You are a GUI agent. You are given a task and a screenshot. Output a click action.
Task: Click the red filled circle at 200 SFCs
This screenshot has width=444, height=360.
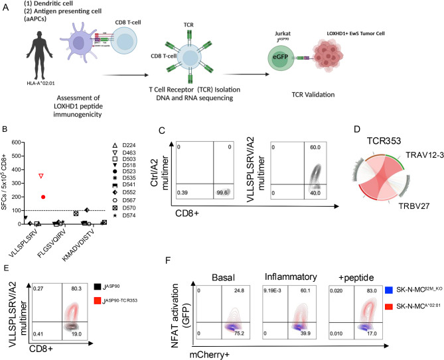tap(43, 197)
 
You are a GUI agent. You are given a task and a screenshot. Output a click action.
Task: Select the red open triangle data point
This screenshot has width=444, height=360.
tap(41, 176)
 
